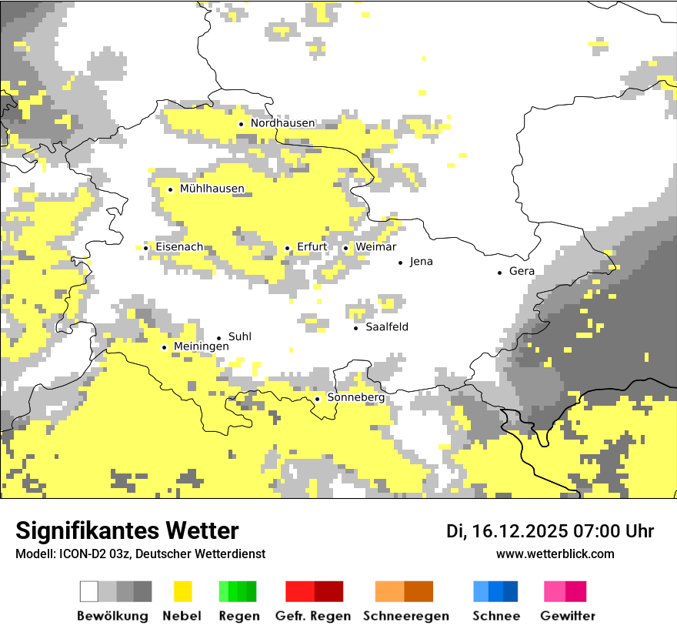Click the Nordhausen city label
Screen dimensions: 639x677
[x=282, y=123]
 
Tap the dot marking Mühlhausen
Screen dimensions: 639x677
[x=170, y=189]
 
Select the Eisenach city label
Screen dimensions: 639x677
[x=179, y=247]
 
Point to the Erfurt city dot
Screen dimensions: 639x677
[x=287, y=248]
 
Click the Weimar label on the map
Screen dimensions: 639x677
[x=375, y=247]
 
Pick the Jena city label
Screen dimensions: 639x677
[x=421, y=262]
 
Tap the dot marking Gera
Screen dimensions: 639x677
[x=499, y=272]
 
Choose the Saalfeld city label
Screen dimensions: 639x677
[x=387, y=327]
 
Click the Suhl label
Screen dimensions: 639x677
[x=240, y=337]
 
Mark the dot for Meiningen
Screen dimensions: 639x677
[x=164, y=347]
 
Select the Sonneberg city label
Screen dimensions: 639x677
[x=355, y=398]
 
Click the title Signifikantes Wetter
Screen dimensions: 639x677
[x=127, y=531]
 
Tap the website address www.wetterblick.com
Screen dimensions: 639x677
[x=555, y=554]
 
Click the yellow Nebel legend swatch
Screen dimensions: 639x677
[x=182, y=591]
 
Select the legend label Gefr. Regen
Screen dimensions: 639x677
[x=312, y=616]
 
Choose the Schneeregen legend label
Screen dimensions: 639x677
[x=406, y=616]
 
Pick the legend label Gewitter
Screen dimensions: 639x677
[x=567, y=616]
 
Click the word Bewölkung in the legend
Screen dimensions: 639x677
[x=112, y=616]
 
